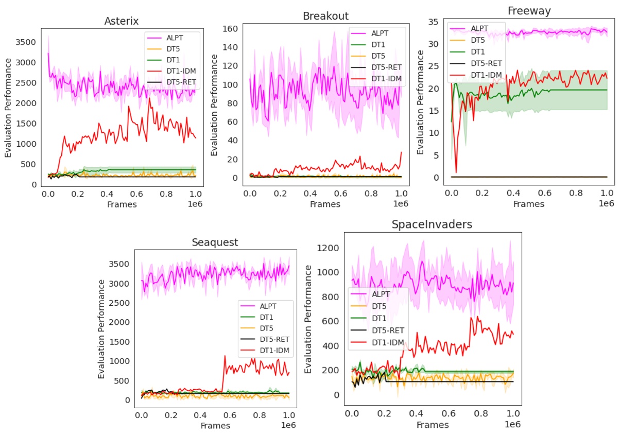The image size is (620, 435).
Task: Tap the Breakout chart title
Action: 325,16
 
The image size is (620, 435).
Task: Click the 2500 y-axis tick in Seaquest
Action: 119,303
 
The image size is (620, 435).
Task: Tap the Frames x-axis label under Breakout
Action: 325,204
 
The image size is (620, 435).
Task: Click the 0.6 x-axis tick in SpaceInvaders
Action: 449,413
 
